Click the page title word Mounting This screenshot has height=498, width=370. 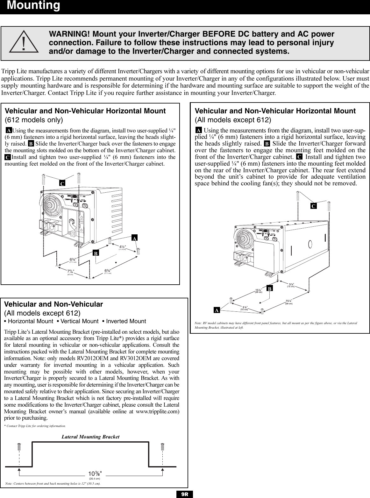[x=33, y=6]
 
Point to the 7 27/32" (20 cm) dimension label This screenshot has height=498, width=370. [x=71, y=272]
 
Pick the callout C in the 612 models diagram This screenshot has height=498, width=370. [x=63, y=183]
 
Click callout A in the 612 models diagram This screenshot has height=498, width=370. [x=135, y=238]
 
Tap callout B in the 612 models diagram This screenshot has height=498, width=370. [x=95, y=253]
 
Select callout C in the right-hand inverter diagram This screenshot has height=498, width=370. [x=313, y=206]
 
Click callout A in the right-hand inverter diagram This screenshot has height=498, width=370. [x=217, y=310]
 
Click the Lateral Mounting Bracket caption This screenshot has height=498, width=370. [x=90, y=437]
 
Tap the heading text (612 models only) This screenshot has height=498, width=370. [x=34, y=120]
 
